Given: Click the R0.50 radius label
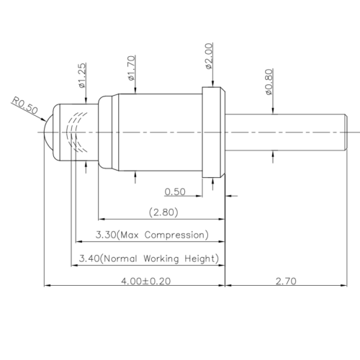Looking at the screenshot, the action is [x=25, y=105].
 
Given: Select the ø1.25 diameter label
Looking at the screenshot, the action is [x=82, y=76].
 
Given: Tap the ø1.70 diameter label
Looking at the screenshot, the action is [x=131, y=68].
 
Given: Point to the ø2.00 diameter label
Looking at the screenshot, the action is [x=209, y=56].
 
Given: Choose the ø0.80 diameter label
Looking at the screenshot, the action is [x=269, y=82].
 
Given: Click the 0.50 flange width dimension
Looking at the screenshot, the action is [x=175, y=192].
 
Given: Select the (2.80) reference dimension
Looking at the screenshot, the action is [x=163, y=212].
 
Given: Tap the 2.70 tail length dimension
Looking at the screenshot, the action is [x=286, y=281].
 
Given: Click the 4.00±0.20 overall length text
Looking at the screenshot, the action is [x=145, y=281].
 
